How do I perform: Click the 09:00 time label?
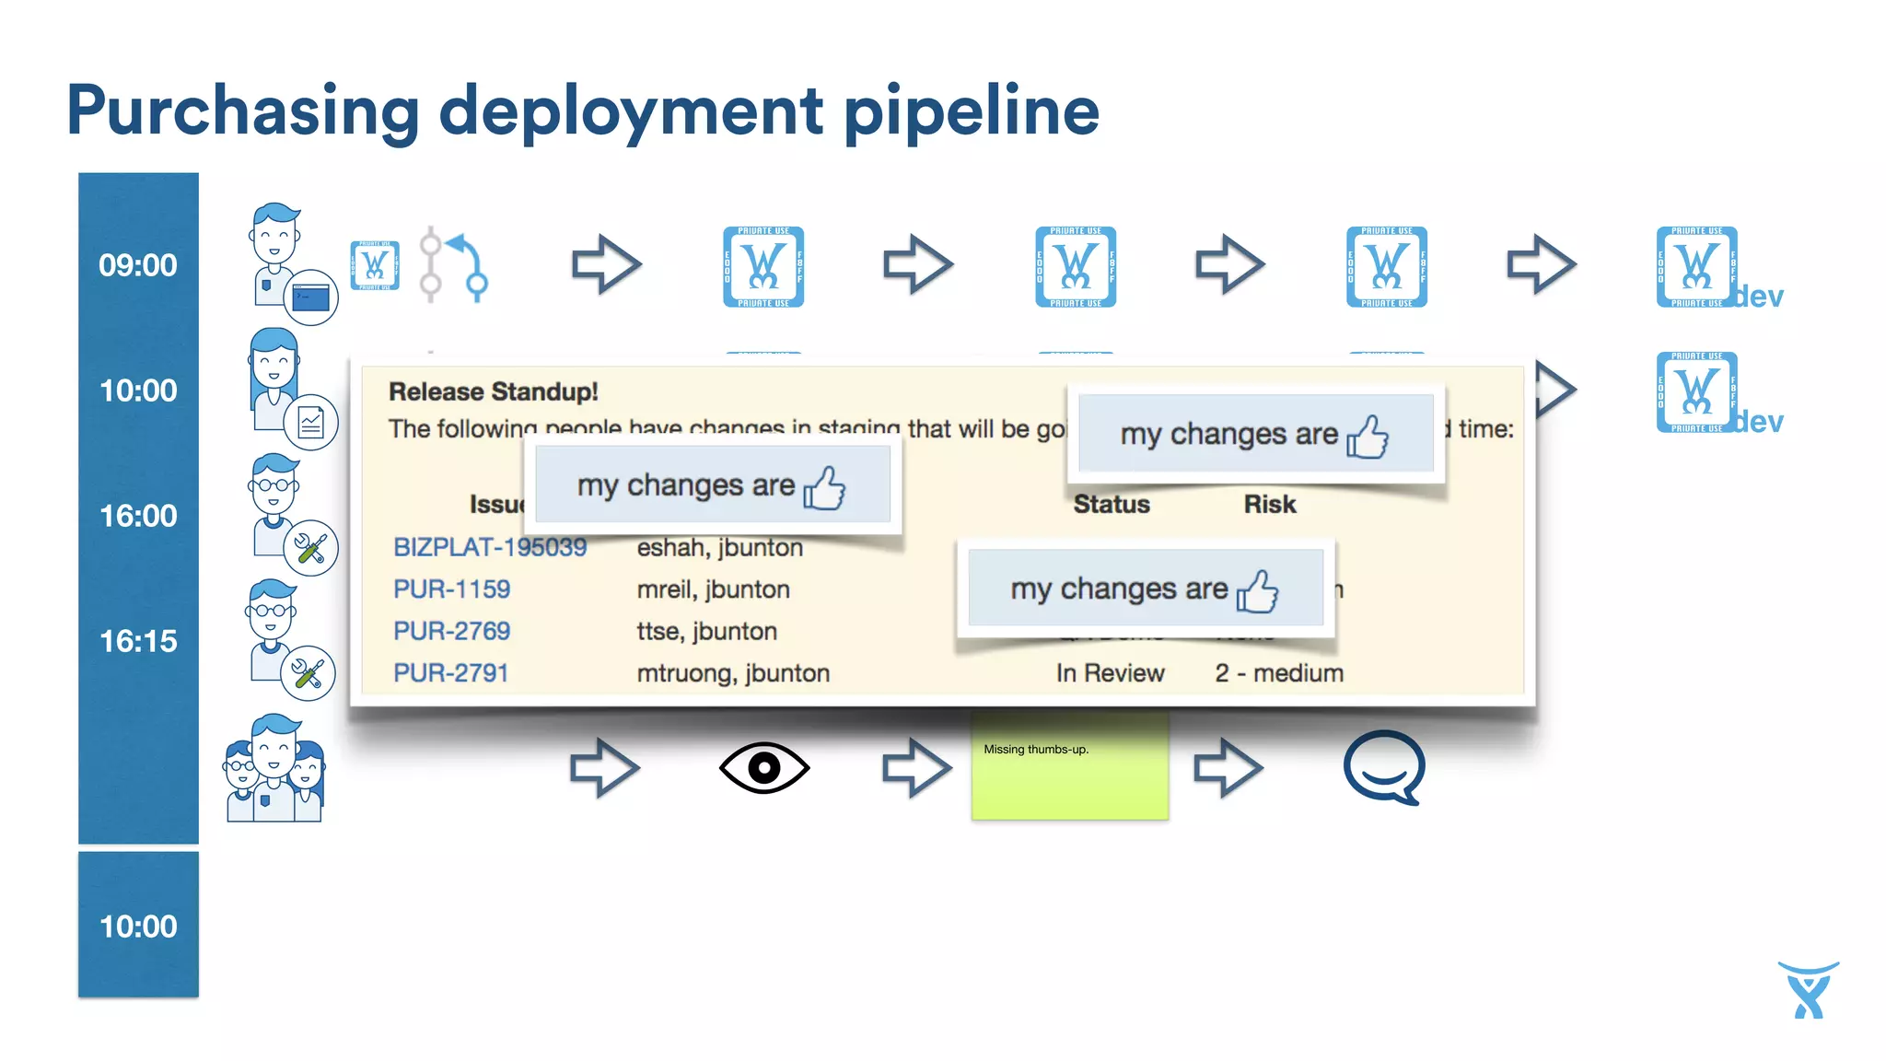coord(138,265)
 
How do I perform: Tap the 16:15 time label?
coord(138,641)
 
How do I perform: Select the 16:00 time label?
coord(138,516)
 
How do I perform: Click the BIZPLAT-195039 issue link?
coord(489,547)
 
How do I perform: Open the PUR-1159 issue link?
coord(451,589)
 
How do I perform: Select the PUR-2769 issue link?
coord(451,631)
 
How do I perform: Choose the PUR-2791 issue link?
coord(450,673)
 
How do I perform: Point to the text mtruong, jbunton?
coord(733,673)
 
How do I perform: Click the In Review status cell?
coord(1110,673)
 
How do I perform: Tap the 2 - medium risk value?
coord(1278,673)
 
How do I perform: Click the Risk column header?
coord(1269,504)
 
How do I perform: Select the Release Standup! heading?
coord(493,391)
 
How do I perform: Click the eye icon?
coord(763,767)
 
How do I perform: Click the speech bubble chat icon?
coord(1383,766)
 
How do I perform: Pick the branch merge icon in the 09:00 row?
coord(454,264)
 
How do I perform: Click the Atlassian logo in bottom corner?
coord(1808,990)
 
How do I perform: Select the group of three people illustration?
coord(274,768)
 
